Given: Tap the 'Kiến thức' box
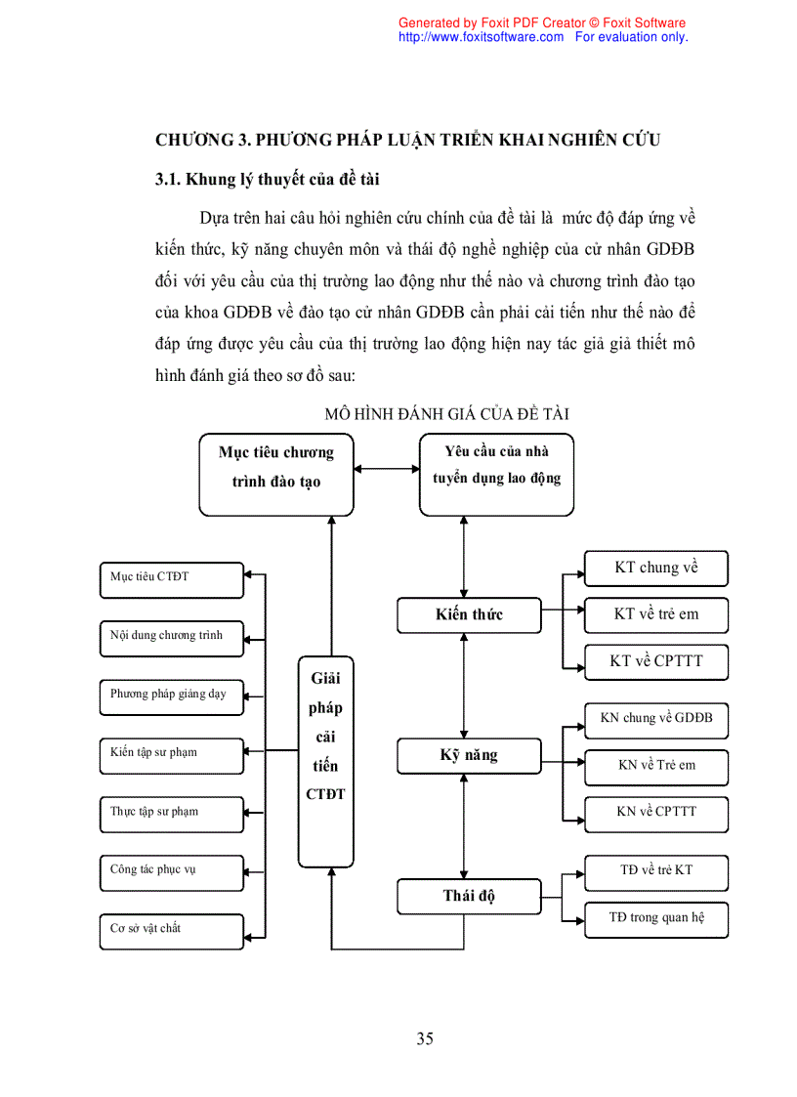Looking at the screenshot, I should coord(469,614).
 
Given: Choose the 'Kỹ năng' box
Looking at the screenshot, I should coord(469,755).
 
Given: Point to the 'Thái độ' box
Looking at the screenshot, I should coord(469,896).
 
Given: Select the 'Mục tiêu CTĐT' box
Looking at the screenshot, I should coord(172,579).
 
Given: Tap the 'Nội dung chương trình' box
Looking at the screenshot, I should coord(172,638).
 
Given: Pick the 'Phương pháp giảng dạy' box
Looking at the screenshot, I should coord(172,696).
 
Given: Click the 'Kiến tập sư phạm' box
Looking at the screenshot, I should coord(172,755).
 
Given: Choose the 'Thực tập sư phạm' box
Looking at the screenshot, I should coord(172,814).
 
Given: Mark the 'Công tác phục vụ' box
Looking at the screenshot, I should coord(172,872).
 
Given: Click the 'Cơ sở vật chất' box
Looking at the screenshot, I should coord(172,931).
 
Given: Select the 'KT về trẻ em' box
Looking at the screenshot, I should coord(656,615).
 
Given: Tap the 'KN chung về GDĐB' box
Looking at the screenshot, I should coord(656,720).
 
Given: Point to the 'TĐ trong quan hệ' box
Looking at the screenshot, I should coord(656,919).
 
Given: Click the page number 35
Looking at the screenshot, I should coord(425,1038).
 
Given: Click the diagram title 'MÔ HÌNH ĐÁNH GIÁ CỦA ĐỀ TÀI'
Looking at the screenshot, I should coord(447,414).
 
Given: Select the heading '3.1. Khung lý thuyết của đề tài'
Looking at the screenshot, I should coord(268,180).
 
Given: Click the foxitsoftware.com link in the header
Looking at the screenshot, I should coord(481,37).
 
